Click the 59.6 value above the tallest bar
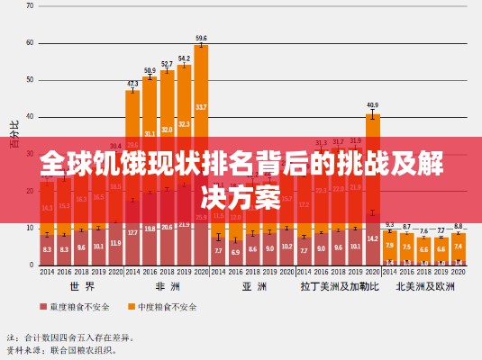coord(201,39)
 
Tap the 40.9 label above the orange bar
coord(372,105)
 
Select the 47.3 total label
coord(132,83)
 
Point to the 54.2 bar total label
coord(184,58)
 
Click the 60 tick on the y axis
coord(30,42)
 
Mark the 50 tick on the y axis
coord(30,79)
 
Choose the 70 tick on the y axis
coord(30,5)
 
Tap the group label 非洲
coord(167,286)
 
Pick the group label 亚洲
coord(253,286)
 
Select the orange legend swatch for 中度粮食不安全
coord(131,307)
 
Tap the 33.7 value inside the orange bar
coord(201,107)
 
